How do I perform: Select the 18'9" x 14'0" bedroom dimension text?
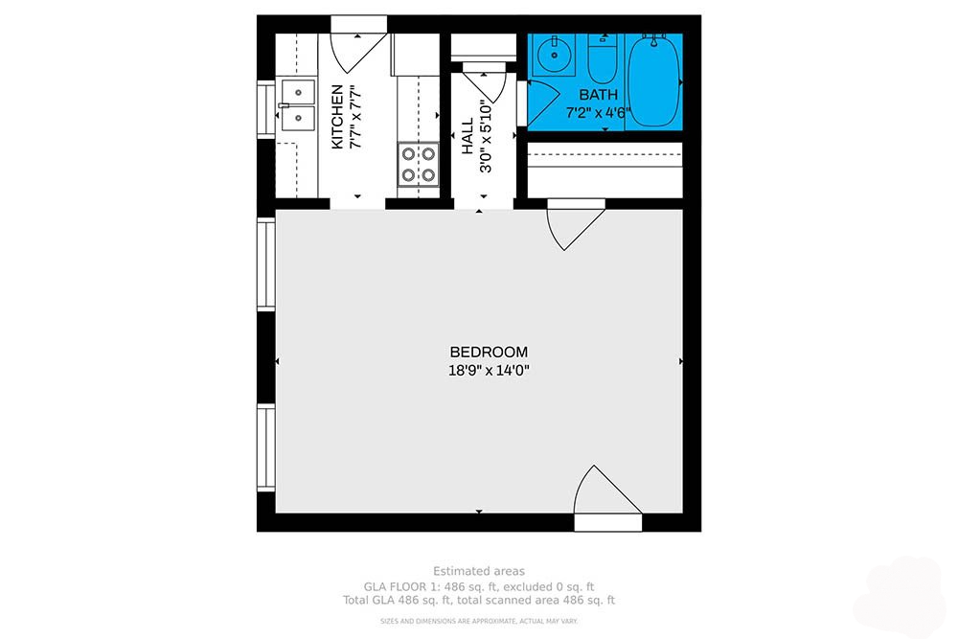[x=489, y=370]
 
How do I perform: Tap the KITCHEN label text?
[x=337, y=117]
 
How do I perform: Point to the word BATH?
[x=599, y=95]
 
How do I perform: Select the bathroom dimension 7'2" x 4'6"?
[x=604, y=112]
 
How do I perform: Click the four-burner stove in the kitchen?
[x=418, y=163]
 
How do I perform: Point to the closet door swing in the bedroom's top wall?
[x=573, y=224]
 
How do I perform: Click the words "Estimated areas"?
[x=478, y=571]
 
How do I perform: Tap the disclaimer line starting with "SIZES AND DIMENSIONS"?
[x=478, y=622]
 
